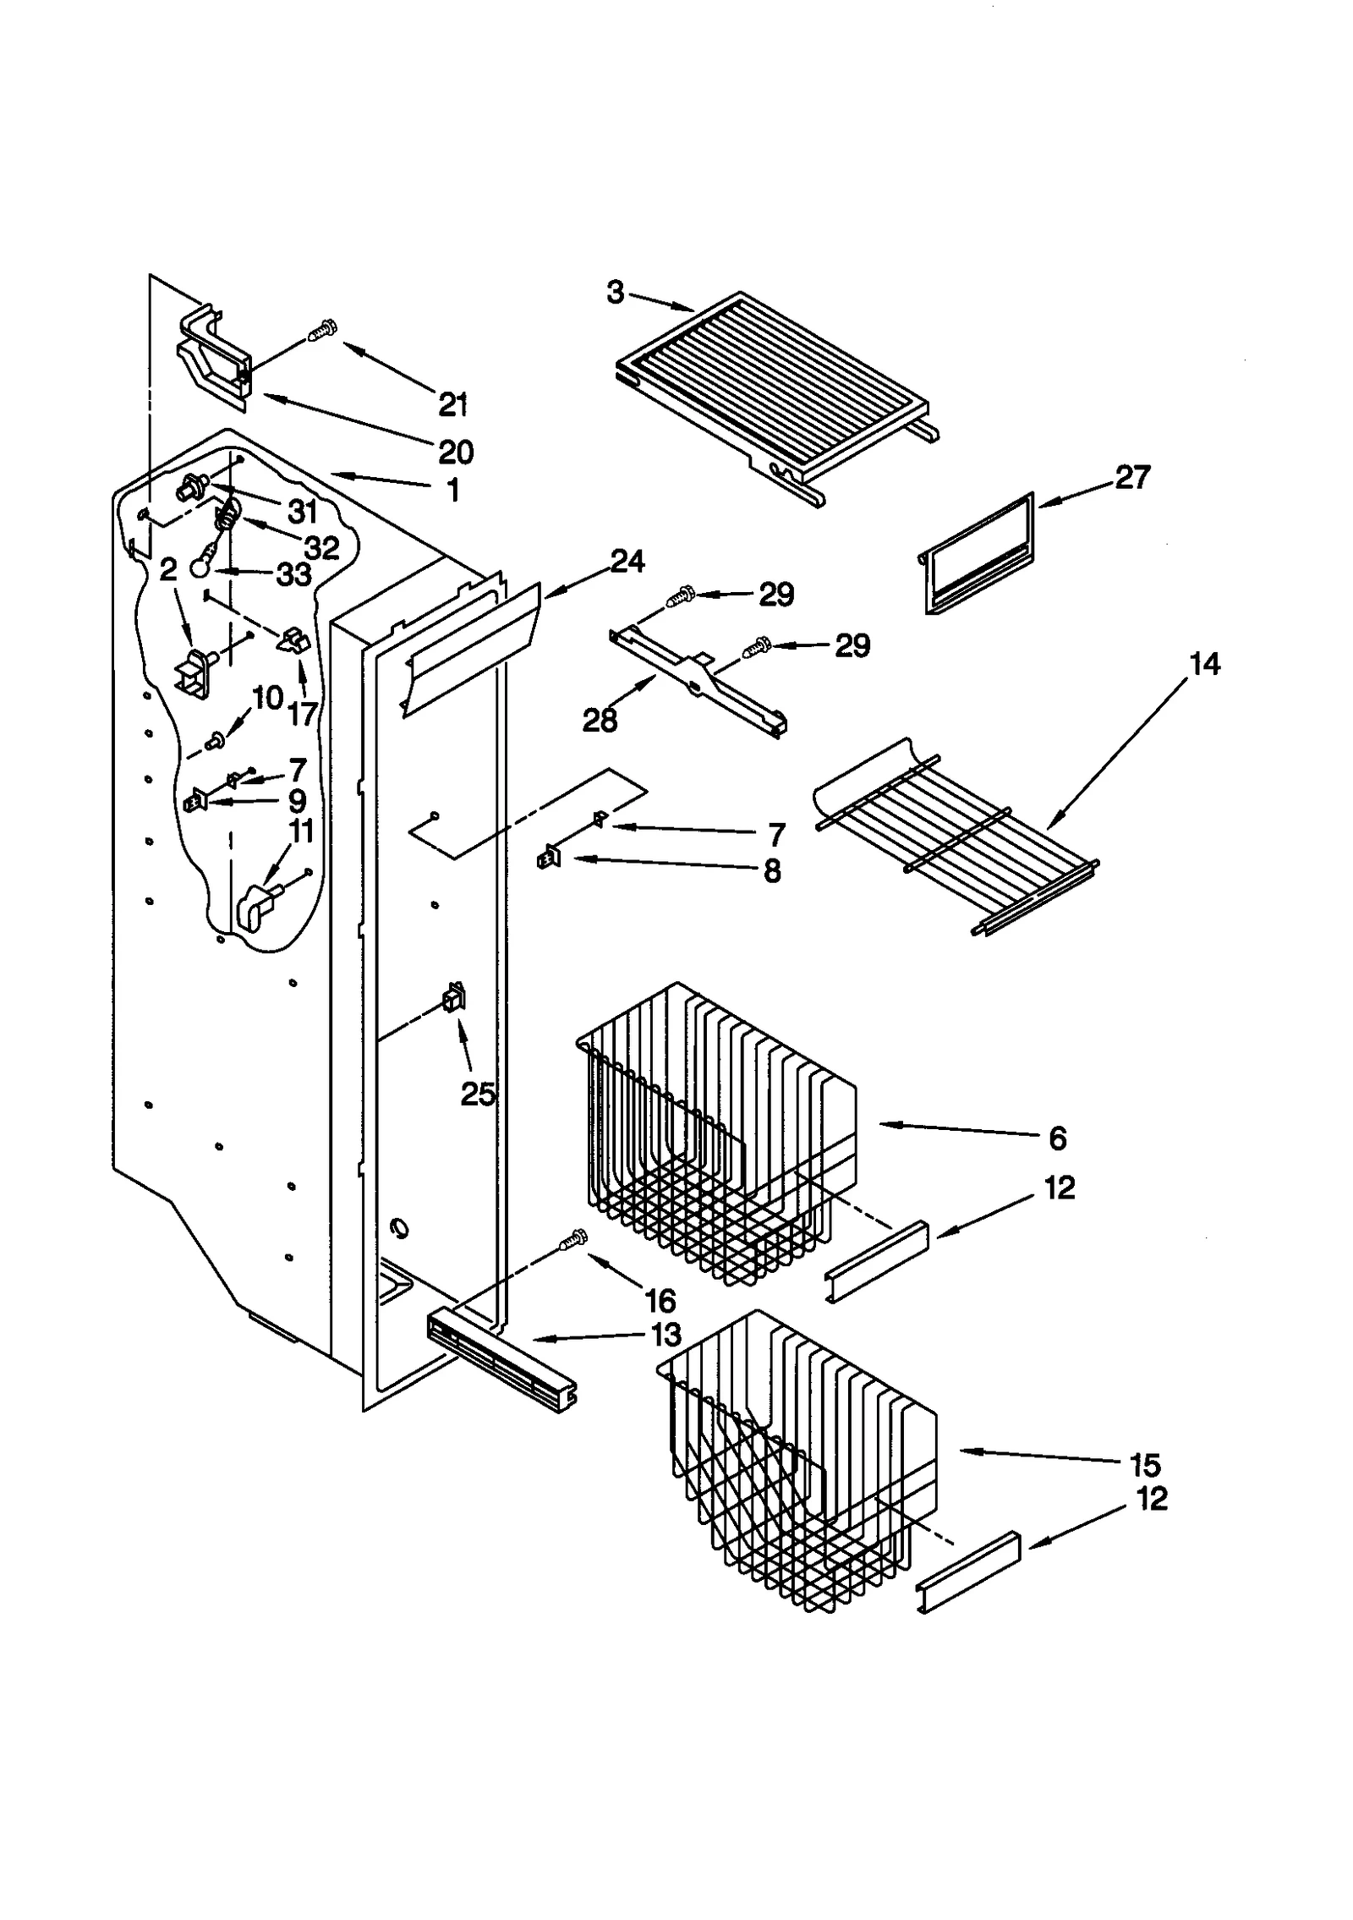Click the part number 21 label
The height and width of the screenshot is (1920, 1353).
[453, 404]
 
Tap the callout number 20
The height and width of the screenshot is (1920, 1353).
[456, 452]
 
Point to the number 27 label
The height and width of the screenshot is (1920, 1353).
[1132, 477]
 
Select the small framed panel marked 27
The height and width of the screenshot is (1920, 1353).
[977, 554]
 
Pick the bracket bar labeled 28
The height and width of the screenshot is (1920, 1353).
[698, 682]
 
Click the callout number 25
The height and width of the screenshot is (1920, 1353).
[478, 1094]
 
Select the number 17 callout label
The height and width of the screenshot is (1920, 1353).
[301, 714]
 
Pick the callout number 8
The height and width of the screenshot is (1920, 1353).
[771, 870]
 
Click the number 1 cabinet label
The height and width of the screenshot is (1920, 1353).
[453, 489]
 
